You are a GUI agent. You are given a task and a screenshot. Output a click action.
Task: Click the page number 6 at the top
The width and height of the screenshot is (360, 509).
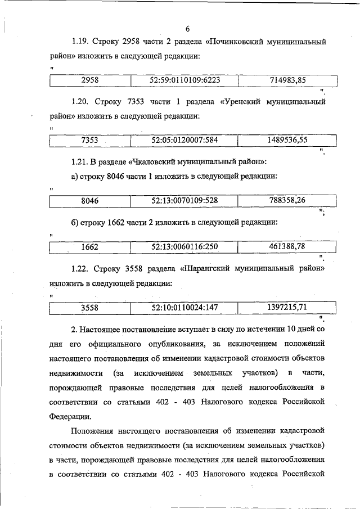tap(188, 29)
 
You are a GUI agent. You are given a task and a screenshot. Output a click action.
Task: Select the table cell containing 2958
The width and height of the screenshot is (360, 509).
tap(90, 80)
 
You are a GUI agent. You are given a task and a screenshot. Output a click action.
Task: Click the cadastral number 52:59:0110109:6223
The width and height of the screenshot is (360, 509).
tap(184, 80)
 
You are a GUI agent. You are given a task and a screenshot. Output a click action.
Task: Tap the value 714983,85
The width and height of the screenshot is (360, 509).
tap(287, 80)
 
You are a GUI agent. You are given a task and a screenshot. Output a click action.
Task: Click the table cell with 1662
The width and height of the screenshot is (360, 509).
tap(90, 246)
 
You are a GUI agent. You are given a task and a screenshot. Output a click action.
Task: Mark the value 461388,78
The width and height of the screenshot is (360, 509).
tap(287, 246)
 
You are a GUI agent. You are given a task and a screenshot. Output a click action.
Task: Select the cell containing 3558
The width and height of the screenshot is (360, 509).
tap(90, 307)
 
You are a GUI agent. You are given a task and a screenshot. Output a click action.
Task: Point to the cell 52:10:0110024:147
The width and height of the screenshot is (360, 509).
tap(184, 307)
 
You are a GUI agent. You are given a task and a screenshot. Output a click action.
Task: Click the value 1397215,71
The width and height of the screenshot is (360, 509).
tap(287, 307)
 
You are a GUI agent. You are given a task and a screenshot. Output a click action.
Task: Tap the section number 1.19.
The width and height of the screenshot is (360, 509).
tap(81, 43)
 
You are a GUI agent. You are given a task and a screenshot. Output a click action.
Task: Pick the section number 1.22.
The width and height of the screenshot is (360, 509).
tap(81, 269)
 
